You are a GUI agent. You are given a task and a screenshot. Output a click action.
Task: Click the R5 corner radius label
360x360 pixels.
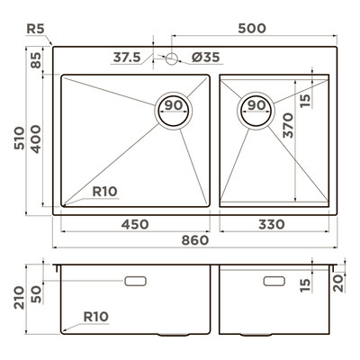(x=35, y=29)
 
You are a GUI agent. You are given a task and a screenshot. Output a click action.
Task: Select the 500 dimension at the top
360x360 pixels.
(x=252, y=28)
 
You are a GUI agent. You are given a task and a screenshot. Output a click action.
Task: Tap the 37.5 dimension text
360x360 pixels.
(x=127, y=57)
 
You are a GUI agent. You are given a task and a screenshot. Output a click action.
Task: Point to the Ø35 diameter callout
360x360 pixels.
(x=206, y=57)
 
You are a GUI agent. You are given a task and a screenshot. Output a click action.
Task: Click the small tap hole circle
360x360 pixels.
(x=172, y=58)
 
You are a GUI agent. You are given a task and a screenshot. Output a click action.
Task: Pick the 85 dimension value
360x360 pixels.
(x=36, y=60)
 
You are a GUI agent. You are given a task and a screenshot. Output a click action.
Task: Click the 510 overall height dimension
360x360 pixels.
(x=20, y=139)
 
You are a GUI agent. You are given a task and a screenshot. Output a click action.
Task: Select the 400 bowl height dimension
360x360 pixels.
(x=36, y=139)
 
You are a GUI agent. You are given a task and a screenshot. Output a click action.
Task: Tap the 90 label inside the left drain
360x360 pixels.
(x=174, y=105)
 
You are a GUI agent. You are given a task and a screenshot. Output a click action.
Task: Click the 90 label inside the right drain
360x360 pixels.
(x=256, y=105)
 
